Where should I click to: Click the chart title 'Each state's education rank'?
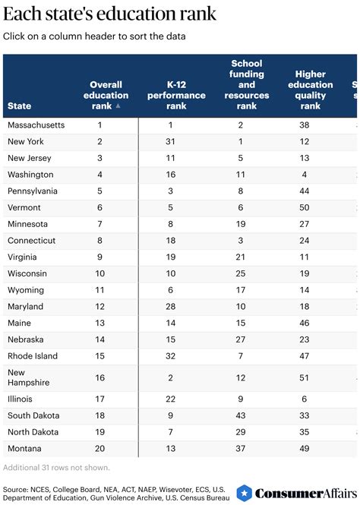tap(109, 14)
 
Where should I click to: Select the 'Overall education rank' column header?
tap(106, 96)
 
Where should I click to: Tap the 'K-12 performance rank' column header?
tap(175, 96)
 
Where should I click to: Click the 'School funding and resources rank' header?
tap(246, 85)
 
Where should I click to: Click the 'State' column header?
tap(20, 106)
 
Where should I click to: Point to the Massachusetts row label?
tap(36, 125)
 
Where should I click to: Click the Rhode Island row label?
tap(33, 355)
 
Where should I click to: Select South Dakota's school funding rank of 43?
tap(241, 415)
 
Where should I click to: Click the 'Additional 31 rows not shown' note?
tap(57, 466)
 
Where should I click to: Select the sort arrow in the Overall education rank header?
tap(118, 107)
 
